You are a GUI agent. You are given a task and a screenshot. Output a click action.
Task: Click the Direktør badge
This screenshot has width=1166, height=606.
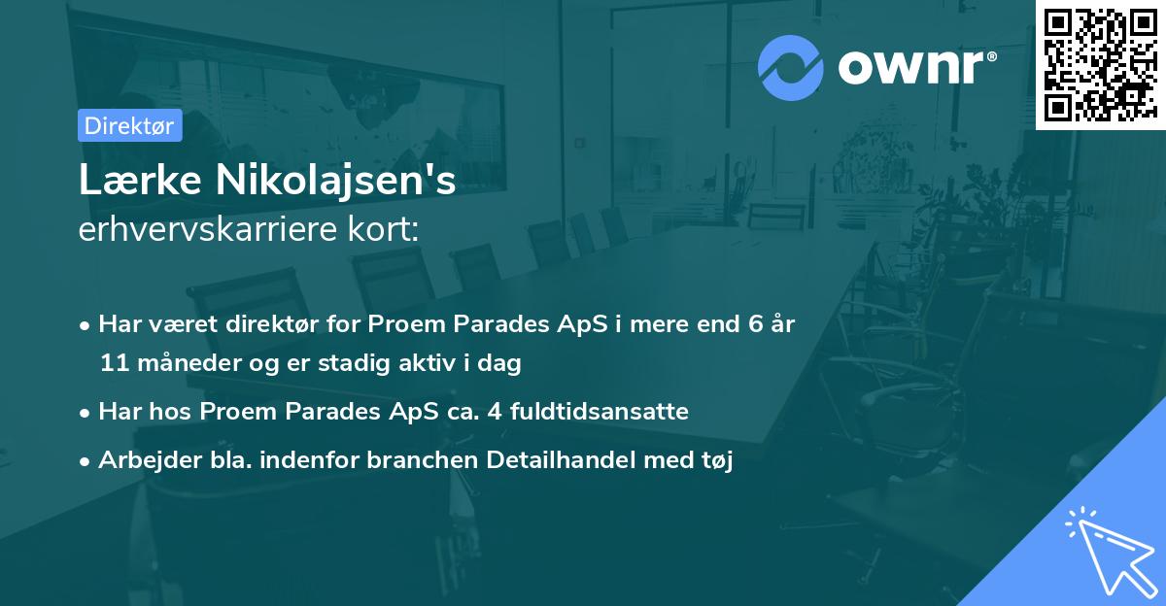[129, 125]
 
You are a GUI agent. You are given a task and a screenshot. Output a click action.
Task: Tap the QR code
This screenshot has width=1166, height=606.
[1099, 64]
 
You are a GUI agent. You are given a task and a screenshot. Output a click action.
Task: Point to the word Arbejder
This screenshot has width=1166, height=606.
[143, 460]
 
